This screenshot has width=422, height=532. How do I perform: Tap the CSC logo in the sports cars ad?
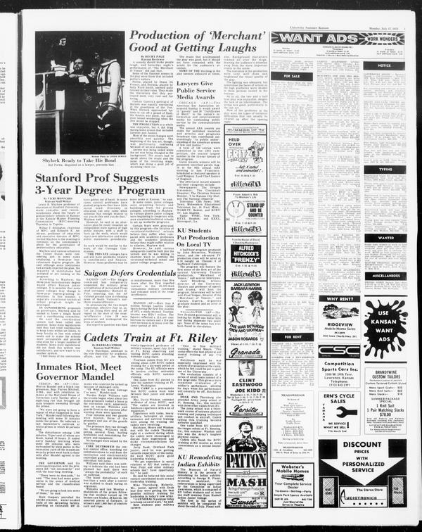pos(338,350)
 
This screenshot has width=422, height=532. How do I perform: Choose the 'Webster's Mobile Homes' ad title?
pos(291,471)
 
